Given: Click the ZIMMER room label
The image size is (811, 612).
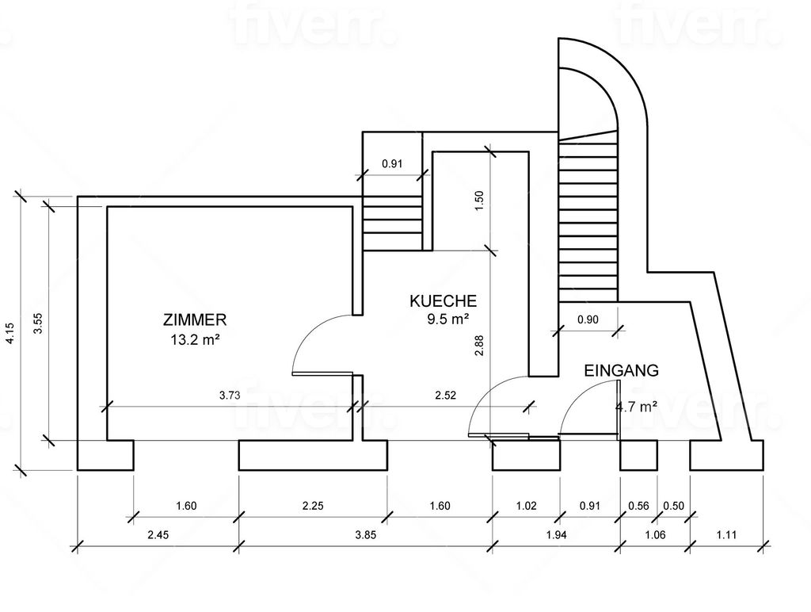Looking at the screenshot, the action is point(195,319).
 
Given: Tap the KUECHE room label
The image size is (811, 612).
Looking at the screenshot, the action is point(444,300).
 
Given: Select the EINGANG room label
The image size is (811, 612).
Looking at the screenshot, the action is point(621,371).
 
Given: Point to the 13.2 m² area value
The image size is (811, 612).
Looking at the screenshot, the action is point(195,339).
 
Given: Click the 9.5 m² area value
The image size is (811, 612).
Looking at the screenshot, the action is point(447,319).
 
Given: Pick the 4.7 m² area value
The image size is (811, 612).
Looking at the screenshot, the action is point(636,407).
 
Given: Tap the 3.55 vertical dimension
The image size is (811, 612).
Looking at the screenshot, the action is point(38,323).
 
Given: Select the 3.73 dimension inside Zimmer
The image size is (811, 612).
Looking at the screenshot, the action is point(230,396).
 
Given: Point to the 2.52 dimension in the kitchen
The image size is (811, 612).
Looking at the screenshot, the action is point(445,396).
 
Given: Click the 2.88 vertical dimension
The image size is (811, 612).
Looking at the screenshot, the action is point(479,346).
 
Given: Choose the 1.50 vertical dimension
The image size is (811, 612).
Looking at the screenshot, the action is point(479,201).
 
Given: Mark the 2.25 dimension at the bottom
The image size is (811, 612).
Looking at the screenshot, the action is point(313,506).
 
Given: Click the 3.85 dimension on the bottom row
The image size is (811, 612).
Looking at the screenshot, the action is point(365,535).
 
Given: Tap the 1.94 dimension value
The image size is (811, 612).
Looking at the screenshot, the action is point(557,535).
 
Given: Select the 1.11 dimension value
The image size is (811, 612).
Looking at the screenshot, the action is point(726,535).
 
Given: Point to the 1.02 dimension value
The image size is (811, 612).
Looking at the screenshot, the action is point(526,506).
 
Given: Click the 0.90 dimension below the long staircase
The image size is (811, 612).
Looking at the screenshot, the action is point(588,319).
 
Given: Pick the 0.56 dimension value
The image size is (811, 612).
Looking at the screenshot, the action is point(638,506).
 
